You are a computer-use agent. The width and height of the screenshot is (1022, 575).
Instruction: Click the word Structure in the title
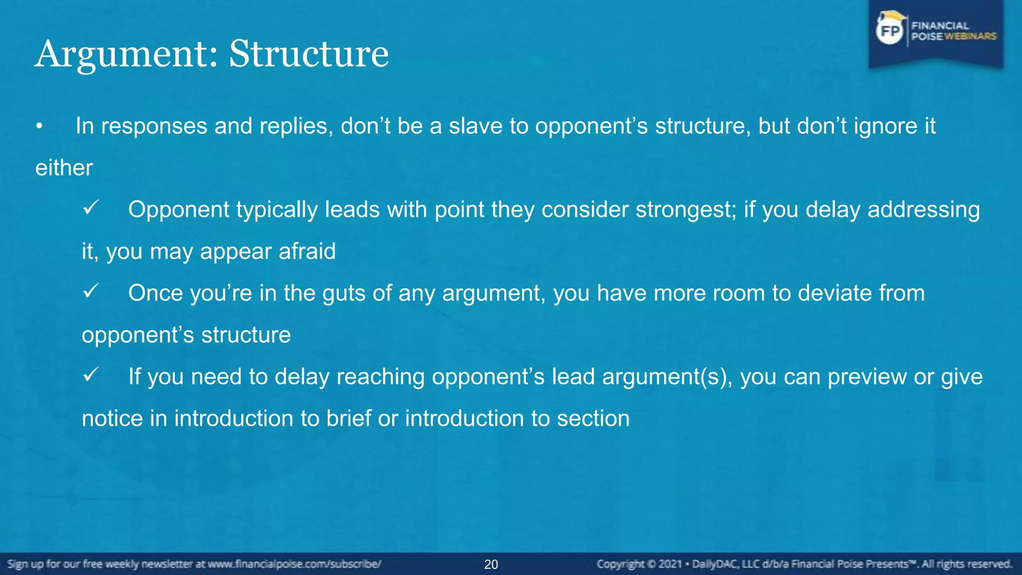pos(308,54)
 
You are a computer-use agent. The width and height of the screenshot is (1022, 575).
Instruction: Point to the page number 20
pos(491,565)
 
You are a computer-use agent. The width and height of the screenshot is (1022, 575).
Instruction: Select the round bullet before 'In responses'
pos(39,127)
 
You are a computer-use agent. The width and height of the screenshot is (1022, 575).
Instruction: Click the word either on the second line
pos(64,168)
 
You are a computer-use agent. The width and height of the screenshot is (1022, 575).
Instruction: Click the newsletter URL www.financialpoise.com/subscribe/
pos(294,565)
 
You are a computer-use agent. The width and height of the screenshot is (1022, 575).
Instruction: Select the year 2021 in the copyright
pos(670,565)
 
